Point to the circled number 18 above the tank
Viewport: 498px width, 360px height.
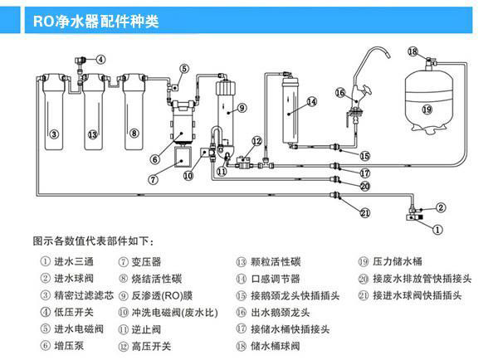point(413,52)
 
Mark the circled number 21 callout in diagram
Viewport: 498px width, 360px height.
point(364,213)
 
